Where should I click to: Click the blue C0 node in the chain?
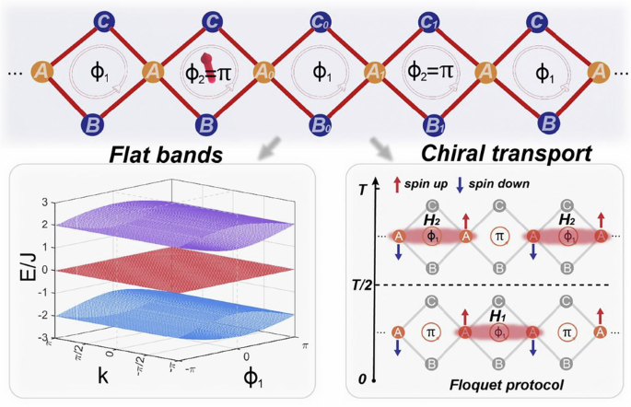coord(318,18)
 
